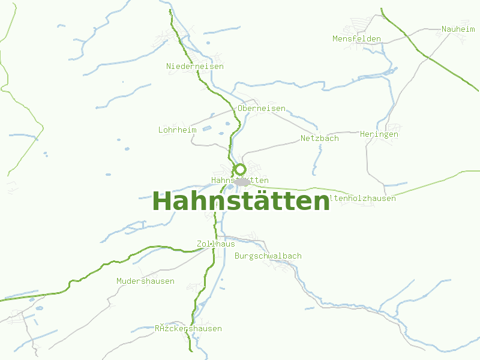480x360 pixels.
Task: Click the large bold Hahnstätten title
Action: click(241, 202)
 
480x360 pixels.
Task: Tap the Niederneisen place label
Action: click(195, 66)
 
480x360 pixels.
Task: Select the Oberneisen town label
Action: click(262, 109)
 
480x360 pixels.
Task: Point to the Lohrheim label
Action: click(177, 130)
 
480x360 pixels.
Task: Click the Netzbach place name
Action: click(319, 138)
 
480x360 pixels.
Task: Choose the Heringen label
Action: click(379, 134)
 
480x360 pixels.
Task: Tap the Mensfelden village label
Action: click(356, 39)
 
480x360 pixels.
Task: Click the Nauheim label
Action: click(458, 29)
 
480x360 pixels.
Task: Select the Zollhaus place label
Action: click(215, 244)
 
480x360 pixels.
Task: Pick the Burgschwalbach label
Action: click(268, 256)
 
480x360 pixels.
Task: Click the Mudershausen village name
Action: click(145, 281)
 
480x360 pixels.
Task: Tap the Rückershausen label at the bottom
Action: click(188, 328)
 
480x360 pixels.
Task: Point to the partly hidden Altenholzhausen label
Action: click(363, 198)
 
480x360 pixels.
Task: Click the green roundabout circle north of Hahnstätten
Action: click(240, 169)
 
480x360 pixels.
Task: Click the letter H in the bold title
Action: click(161, 202)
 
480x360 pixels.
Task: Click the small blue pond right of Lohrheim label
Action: click(207, 128)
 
